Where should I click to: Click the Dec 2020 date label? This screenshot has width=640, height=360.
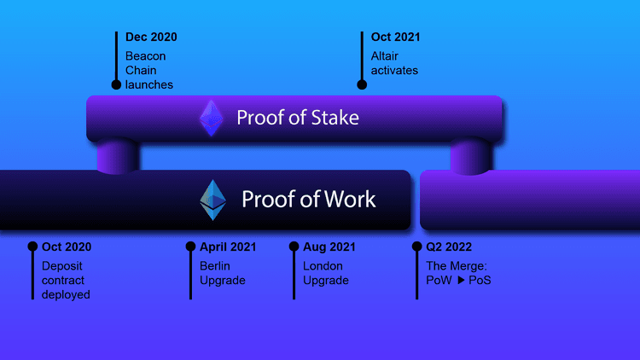coord(151,38)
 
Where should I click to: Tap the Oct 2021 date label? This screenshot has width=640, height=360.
coord(395,38)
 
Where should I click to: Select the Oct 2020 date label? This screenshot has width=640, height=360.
coord(67,247)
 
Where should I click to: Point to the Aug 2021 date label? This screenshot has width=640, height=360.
coord(329,247)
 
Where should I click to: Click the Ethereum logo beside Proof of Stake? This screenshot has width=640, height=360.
coord(211,118)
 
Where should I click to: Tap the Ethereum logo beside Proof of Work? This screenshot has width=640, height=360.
coord(212,200)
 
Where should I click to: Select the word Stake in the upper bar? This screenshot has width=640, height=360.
coord(332,118)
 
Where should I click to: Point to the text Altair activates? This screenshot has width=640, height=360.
coord(394,62)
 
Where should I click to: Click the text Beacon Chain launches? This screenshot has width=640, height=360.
coord(149,70)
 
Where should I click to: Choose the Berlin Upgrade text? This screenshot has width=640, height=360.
coord(223,273)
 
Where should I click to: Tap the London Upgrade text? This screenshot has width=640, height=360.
coord(326,273)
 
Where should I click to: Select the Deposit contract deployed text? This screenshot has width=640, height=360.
coord(66,280)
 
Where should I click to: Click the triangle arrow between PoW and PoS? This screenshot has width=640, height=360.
coord(462,281)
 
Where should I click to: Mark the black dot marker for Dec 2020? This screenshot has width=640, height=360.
coord(116,84)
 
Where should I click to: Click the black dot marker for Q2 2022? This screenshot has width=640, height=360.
coord(416,247)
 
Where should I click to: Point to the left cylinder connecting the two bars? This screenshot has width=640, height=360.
coord(118,156)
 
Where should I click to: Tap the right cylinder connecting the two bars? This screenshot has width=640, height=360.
coord(470,156)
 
